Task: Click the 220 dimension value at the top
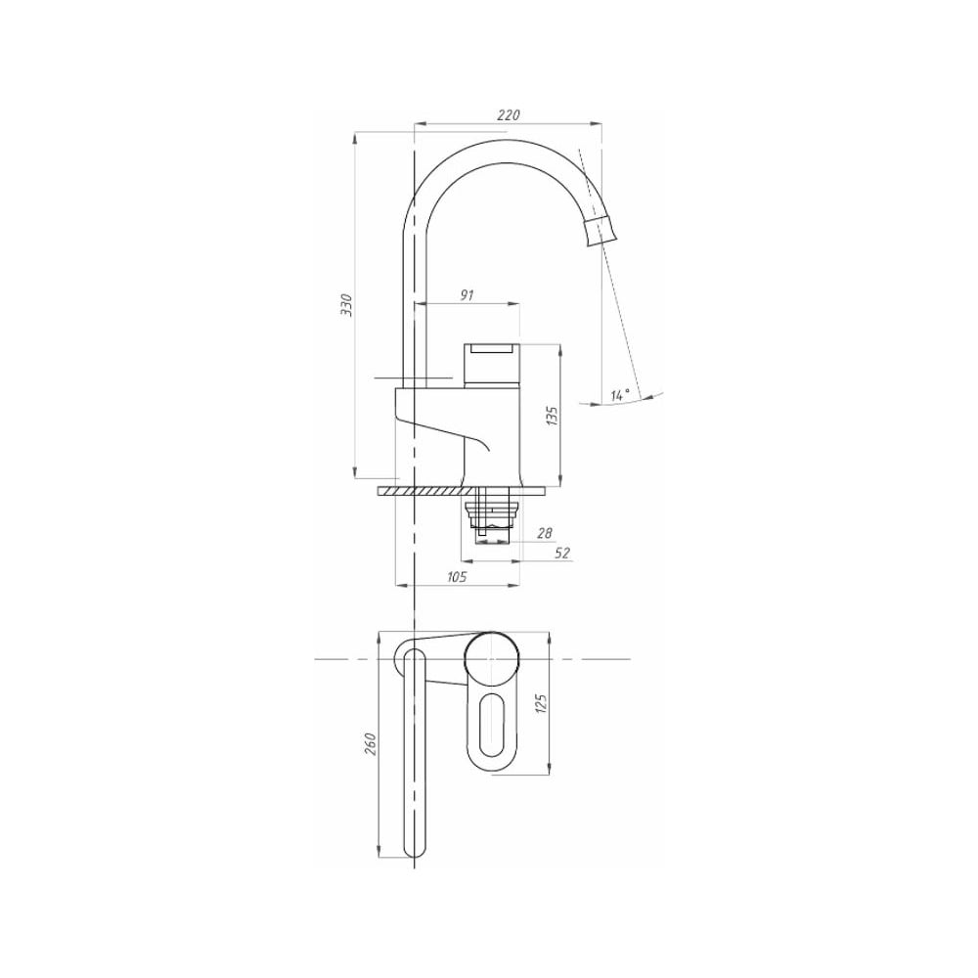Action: tap(509, 114)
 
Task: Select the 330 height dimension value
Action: tap(347, 304)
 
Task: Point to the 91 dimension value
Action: tap(467, 295)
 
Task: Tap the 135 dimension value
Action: tap(552, 416)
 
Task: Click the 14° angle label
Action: tap(620, 395)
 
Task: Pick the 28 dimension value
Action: tap(545, 533)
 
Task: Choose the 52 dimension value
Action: tap(562, 553)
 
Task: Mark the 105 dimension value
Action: tap(457, 577)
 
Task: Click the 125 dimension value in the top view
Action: tap(541, 703)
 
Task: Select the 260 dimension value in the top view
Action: tap(371, 744)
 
